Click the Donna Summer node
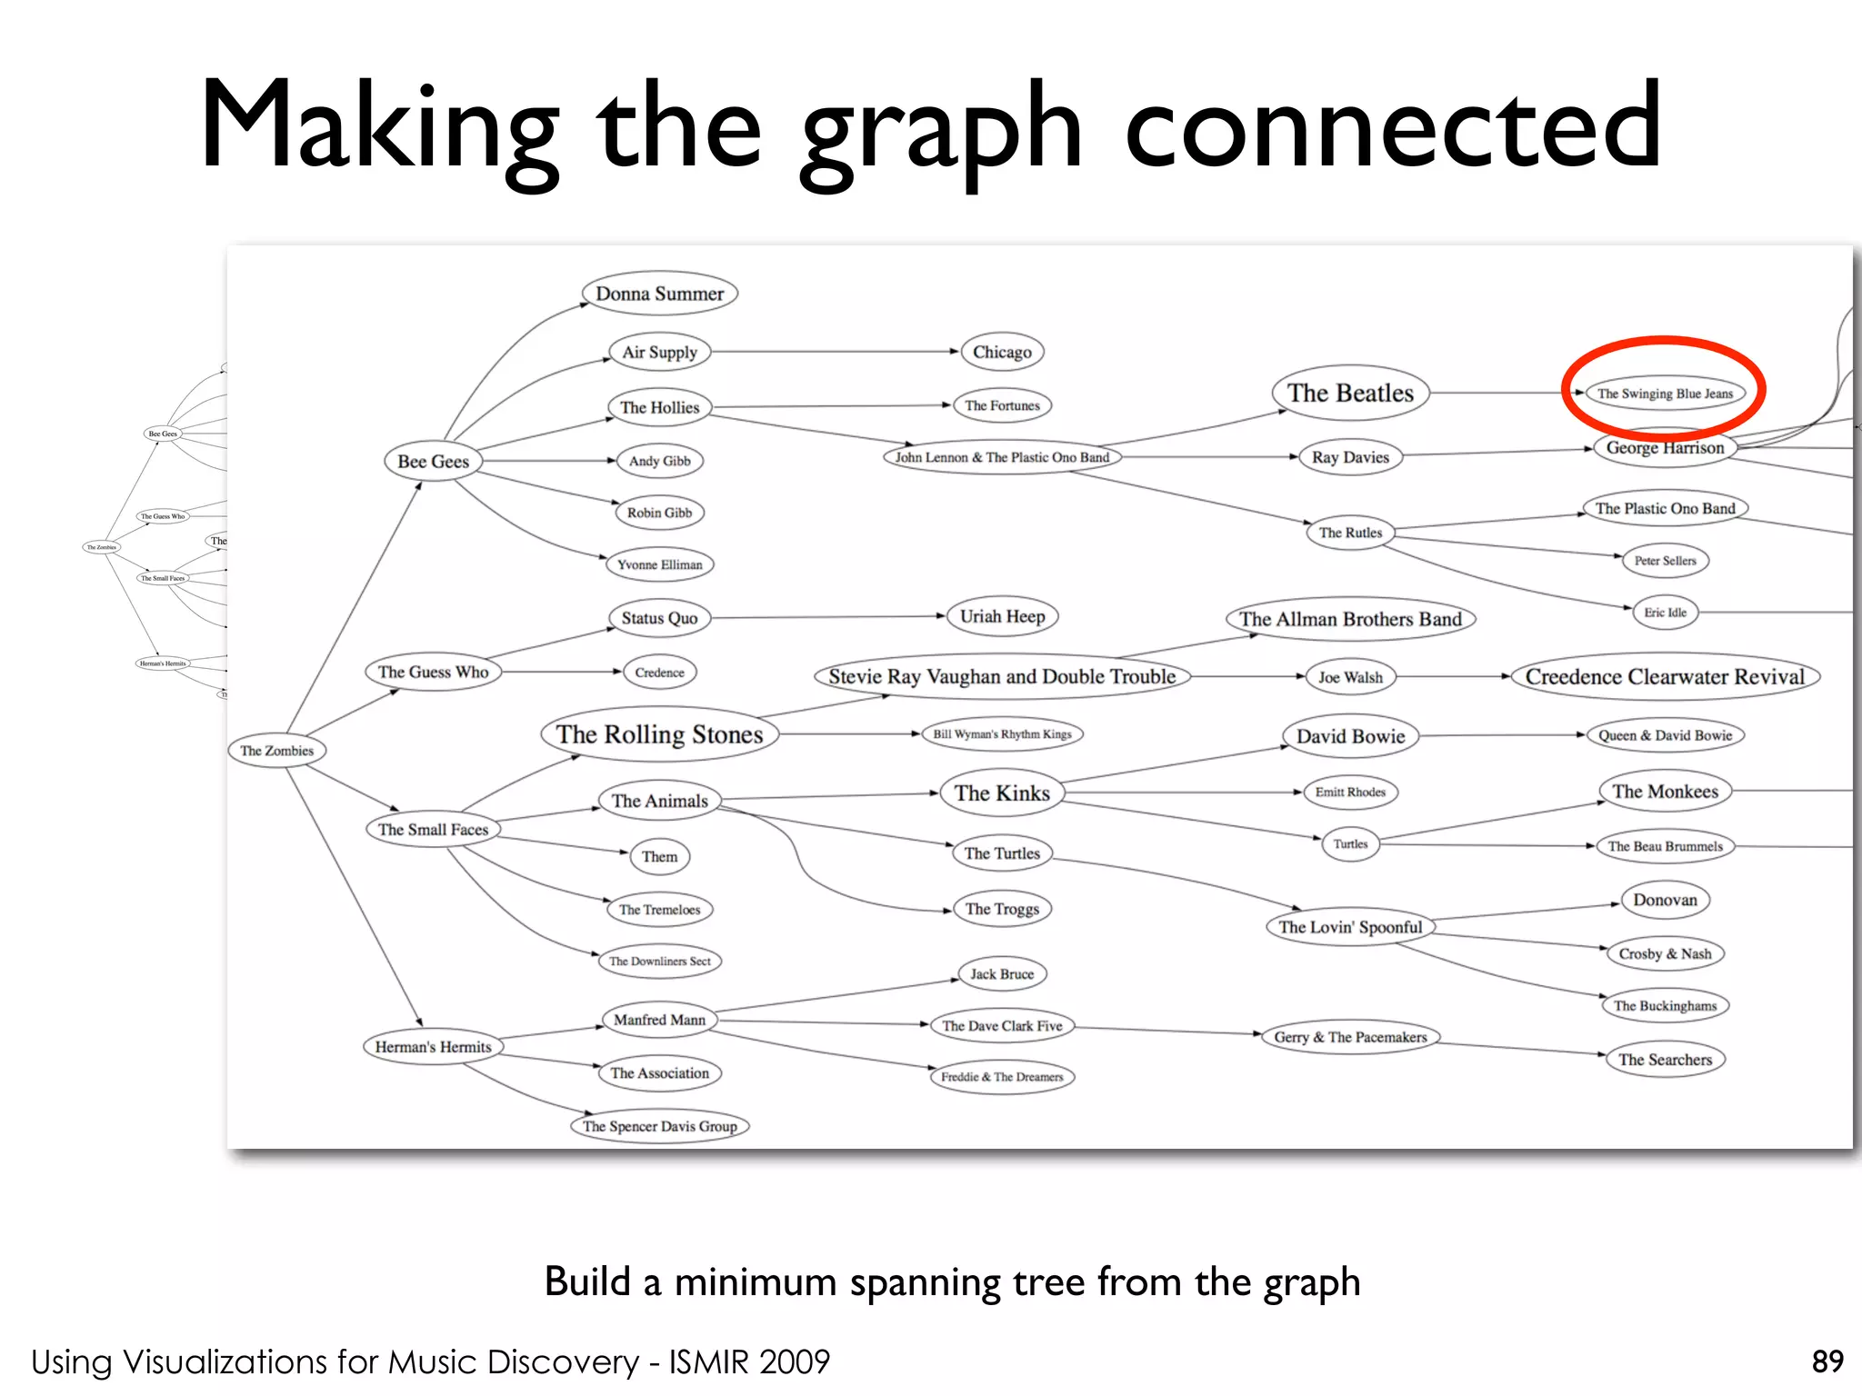pos(659,294)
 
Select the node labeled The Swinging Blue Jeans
pos(1665,394)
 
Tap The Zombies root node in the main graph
pos(276,751)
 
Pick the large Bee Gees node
pos(433,462)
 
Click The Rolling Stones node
pos(659,734)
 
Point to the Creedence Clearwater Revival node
pos(1665,677)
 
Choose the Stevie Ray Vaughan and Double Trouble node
pos(1002,677)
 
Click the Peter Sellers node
pos(1665,561)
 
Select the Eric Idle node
pos(1665,613)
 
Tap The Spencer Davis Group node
pos(659,1126)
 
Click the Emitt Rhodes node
pos(1350,793)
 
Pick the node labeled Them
pos(659,856)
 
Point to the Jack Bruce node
pos(1002,974)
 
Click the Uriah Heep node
pos(1002,617)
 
